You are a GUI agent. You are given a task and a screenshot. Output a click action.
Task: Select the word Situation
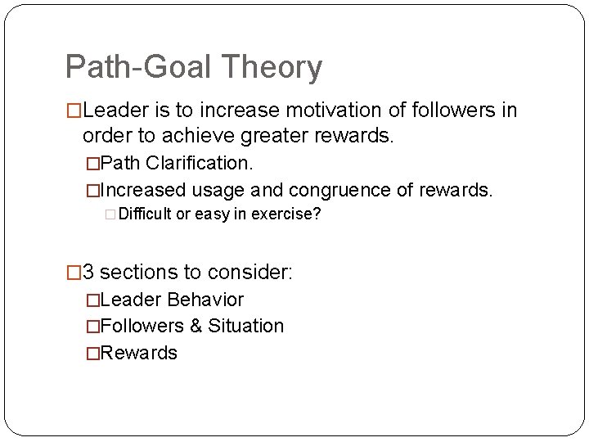click(245, 327)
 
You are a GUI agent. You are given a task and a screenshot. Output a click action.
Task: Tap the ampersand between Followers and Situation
click(196, 327)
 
